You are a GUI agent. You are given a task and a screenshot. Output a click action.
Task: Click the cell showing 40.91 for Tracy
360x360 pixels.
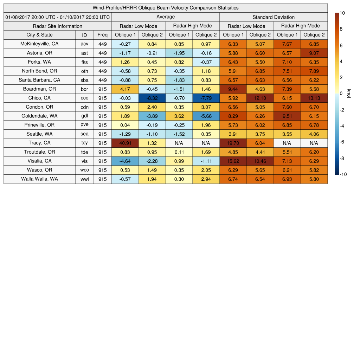coord(125,143)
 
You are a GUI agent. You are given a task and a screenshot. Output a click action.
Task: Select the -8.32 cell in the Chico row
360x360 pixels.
coord(152,98)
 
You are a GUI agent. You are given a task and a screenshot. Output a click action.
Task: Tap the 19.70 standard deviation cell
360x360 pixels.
coord(233,143)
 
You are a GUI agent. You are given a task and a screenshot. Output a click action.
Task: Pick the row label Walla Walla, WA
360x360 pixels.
coord(39,179)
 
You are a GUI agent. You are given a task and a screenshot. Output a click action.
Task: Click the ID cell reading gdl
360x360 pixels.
coord(84,116)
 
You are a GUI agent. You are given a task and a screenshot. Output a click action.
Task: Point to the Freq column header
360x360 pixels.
coord(102,35)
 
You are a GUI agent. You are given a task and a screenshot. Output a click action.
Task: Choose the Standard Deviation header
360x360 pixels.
coord(274,17)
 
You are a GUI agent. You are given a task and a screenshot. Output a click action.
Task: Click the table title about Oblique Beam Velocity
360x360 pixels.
coord(166,8)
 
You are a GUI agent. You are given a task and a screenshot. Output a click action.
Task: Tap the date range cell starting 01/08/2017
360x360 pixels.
coord(58,17)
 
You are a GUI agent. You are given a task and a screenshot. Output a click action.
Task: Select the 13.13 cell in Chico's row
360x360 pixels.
coord(314,98)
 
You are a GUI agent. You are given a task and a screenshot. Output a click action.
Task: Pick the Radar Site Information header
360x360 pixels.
coord(58,26)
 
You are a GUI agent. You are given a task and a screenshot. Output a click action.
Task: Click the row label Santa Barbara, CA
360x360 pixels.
coord(39,80)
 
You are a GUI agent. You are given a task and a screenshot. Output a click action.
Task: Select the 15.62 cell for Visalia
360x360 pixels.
coord(233,161)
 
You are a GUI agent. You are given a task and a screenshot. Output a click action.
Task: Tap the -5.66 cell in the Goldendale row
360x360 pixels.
coord(206,116)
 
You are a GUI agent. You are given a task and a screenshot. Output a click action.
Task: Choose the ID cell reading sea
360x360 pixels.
coord(84,134)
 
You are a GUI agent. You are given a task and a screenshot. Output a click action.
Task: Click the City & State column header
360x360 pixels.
coord(39,35)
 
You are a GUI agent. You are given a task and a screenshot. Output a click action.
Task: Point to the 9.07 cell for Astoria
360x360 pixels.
coord(314,53)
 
